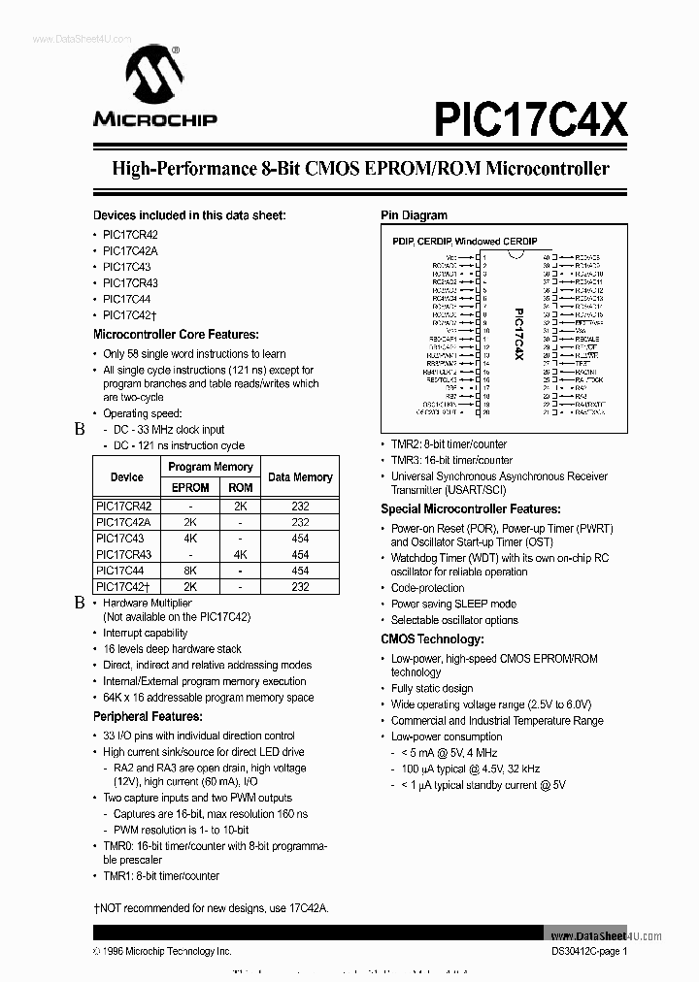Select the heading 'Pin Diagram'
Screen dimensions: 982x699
click(x=414, y=215)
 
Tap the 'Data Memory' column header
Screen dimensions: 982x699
click(x=300, y=476)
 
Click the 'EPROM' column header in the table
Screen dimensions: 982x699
click(x=190, y=488)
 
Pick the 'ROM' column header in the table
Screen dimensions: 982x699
click(x=241, y=488)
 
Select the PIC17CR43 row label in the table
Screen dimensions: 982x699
click(x=126, y=554)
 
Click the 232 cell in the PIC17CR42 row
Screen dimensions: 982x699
click(x=300, y=507)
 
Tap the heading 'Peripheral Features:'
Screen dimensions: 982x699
click(x=148, y=716)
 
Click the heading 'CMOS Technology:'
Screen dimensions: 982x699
click(x=432, y=639)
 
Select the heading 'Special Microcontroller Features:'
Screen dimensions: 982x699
click(x=470, y=508)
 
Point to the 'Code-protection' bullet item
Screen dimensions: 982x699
click(x=427, y=588)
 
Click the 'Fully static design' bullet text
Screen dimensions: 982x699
click(x=432, y=689)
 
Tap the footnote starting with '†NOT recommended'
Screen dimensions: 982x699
click(x=211, y=907)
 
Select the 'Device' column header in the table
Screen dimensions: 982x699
click(x=126, y=476)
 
